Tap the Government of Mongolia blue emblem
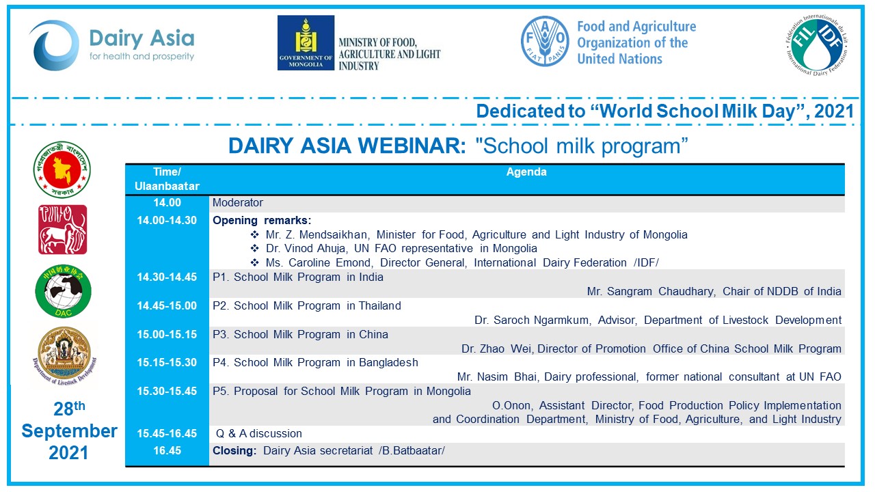pyautogui.click(x=306, y=42)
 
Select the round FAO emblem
pyautogui.click(x=545, y=41)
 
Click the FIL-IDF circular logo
pyautogui.click(x=817, y=45)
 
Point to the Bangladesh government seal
pyautogui.click(x=62, y=169)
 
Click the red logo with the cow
pyautogui.click(x=62, y=230)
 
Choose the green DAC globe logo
pyautogui.click(x=64, y=291)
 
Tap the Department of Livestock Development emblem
pyautogui.click(x=64, y=356)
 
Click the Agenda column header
pyautogui.click(x=526, y=172)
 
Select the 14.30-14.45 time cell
pyautogui.click(x=167, y=277)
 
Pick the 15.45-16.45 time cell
pyautogui.click(x=167, y=433)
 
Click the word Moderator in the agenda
pyautogui.click(x=238, y=203)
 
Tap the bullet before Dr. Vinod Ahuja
pyautogui.click(x=255, y=248)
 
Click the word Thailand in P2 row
pyautogui.click(x=379, y=305)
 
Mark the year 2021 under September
pyautogui.click(x=68, y=453)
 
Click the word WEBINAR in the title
pyautogui.click(x=412, y=146)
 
